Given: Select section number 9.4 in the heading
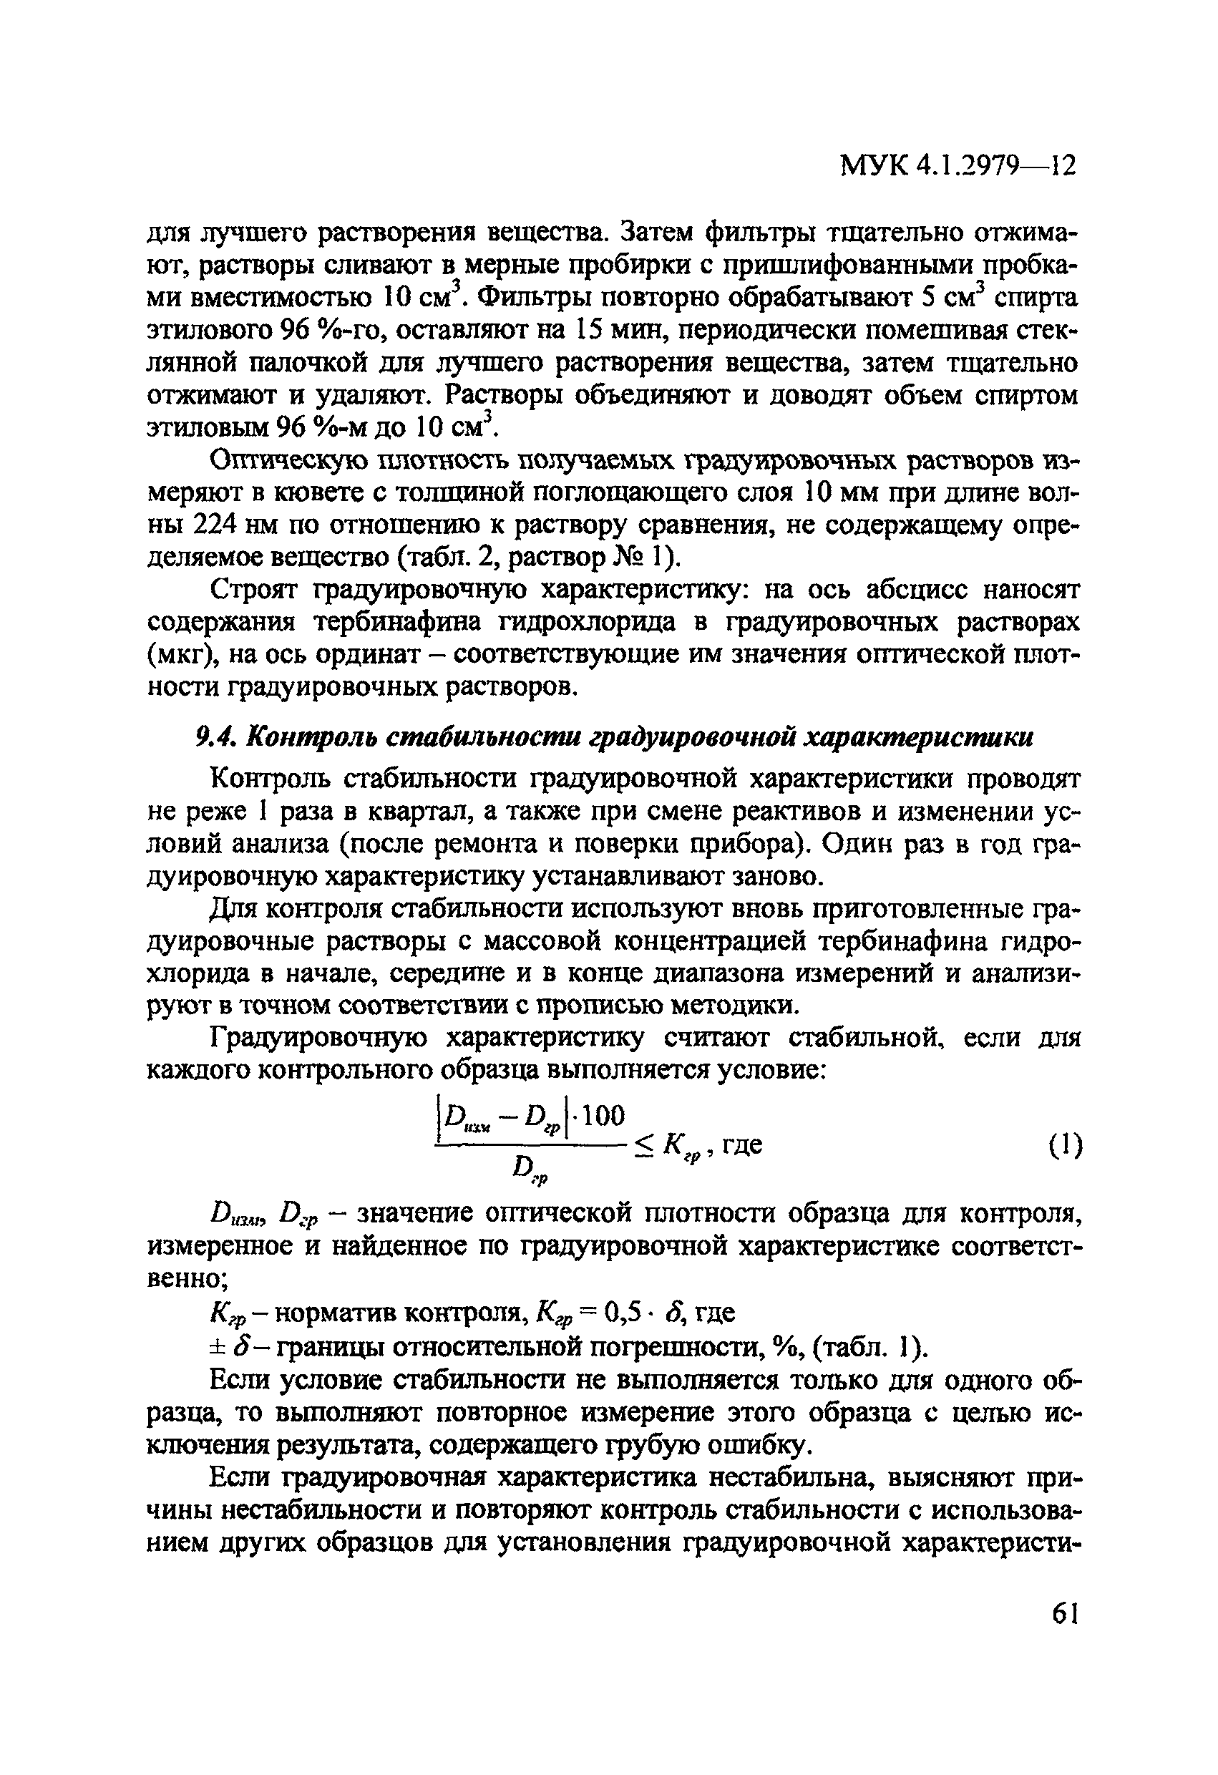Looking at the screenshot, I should (217, 737).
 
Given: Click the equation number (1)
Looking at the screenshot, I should (1063, 1146).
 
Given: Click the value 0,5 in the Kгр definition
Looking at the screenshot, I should (625, 1313).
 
